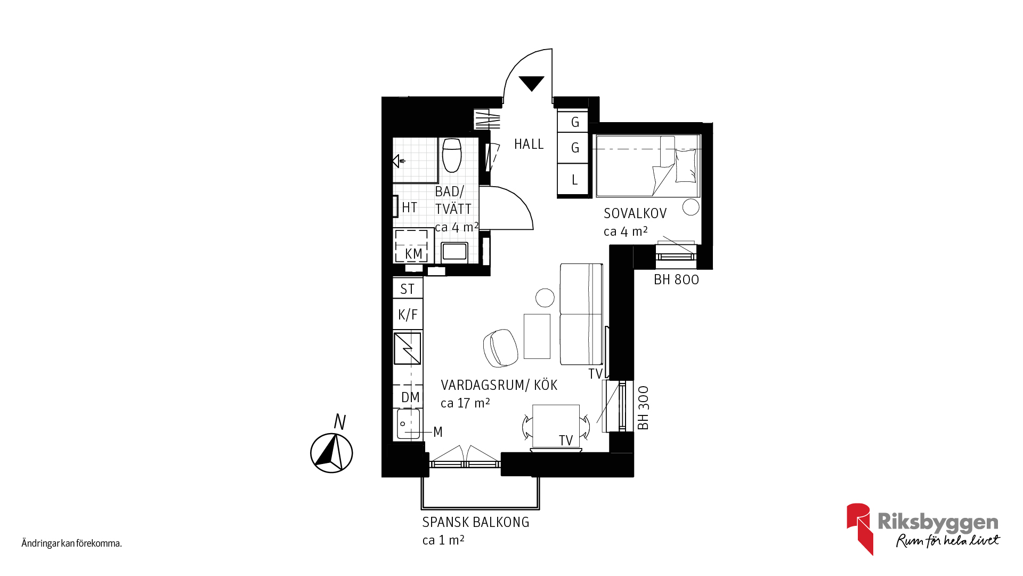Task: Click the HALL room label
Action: (529, 144)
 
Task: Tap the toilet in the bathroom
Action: (452, 155)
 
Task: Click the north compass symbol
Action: (331, 453)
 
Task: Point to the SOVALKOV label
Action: (635, 213)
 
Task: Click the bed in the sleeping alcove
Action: (647, 166)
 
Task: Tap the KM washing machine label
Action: (413, 254)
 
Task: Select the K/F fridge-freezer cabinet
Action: (408, 315)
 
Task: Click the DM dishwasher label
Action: (410, 397)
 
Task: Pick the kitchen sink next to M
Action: (409, 424)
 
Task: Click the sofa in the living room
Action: (581, 314)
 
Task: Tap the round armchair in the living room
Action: (501, 348)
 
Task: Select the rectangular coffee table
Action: (537, 336)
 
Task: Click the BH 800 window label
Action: (676, 279)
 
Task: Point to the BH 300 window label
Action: (643, 408)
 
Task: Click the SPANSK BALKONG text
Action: (476, 522)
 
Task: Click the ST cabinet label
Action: (408, 289)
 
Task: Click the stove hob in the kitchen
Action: (408, 348)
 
